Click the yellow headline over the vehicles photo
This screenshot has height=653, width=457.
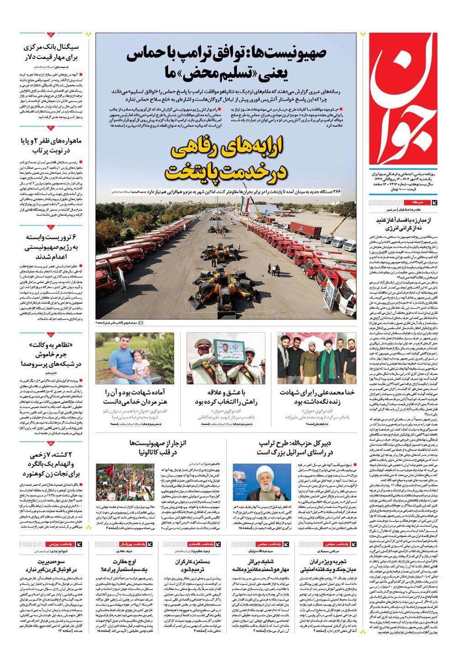tap(226, 160)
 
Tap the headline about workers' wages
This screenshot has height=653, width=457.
tap(192, 565)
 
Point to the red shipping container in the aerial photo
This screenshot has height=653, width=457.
tap(305, 229)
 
